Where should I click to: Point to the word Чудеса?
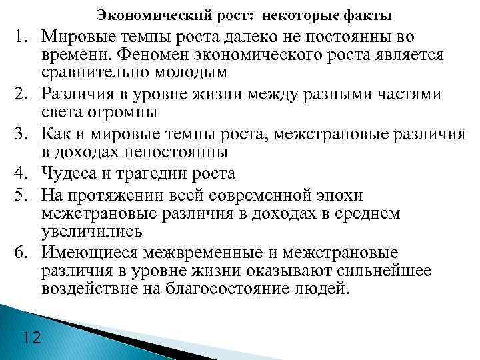pyautogui.click(x=67, y=175)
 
